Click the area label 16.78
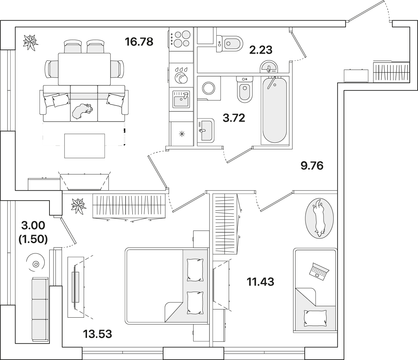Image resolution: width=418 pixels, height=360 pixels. [139, 42]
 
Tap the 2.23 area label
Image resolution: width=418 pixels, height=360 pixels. [261, 50]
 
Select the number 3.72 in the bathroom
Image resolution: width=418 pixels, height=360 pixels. [234, 118]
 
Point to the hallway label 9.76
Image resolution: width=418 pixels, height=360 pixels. [312, 166]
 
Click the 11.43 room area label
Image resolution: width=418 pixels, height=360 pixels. [260, 282]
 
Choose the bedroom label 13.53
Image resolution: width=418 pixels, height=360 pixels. [98, 334]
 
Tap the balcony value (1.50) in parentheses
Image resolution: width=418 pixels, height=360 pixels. [33, 239]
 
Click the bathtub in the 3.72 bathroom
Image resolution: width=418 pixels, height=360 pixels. [275, 110]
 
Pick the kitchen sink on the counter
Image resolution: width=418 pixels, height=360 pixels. [181, 99]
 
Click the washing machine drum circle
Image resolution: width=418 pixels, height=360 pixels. [208, 88]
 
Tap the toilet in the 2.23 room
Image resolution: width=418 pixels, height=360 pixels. [230, 44]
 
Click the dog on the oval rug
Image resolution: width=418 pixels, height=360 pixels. [319, 218]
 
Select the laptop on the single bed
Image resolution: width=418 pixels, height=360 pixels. [319, 272]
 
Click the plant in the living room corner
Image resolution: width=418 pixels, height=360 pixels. [30, 43]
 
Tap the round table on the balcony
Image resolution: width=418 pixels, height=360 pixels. [35, 262]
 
